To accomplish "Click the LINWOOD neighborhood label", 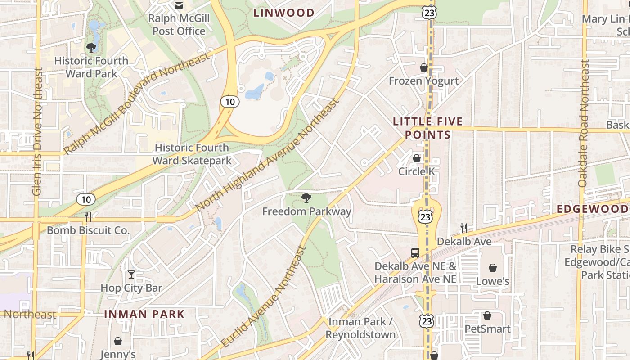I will [283, 13].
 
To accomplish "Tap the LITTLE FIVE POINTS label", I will [427, 128].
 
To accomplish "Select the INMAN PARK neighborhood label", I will [144, 314].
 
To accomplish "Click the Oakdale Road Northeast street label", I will [583, 124].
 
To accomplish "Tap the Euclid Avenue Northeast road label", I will [265, 297].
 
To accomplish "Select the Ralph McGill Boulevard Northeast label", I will [137, 103].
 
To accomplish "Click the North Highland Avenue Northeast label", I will [268, 155].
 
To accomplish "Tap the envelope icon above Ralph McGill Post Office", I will [179, 5].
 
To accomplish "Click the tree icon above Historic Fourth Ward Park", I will [91, 47].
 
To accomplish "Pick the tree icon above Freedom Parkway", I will [306, 198].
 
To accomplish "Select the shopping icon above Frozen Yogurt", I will [423, 67].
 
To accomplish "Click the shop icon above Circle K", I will [417, 158].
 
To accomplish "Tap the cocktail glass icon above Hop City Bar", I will [131, 274].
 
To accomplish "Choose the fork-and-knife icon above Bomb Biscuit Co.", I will [88, 217].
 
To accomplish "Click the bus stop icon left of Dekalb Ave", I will [415, 252].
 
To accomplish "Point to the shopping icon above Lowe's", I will [493, 268].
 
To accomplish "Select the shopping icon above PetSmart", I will [487, 315].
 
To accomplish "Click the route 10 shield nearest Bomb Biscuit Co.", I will [85, 199].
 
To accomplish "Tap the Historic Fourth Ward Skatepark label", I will [192, 154].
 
